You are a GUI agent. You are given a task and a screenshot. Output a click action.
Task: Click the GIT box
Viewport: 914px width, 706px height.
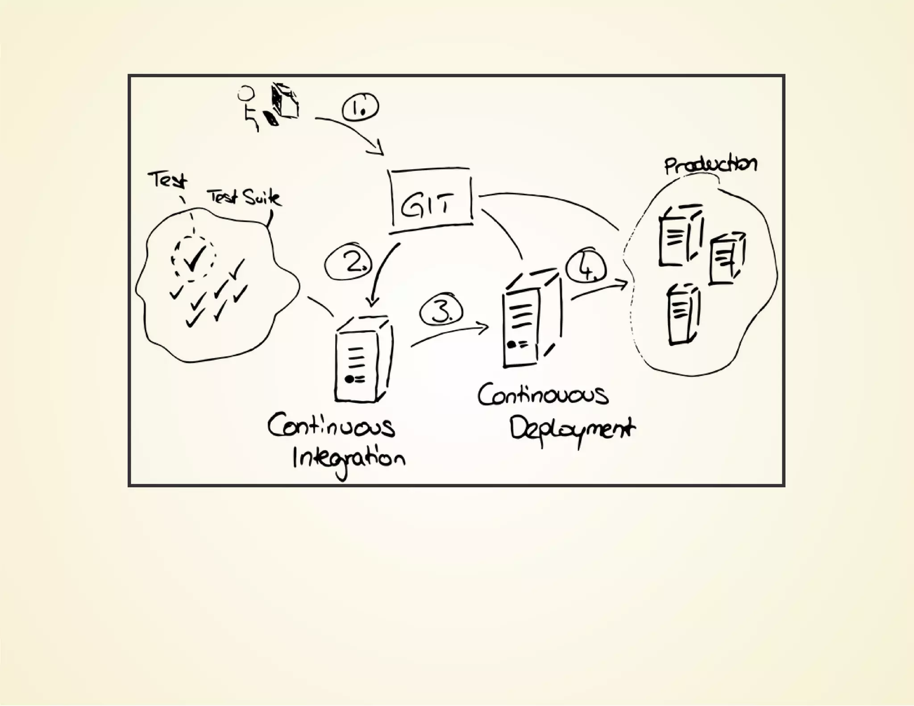point(431,201)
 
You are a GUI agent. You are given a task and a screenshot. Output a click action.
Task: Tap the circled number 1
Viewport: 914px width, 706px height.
point(360,108)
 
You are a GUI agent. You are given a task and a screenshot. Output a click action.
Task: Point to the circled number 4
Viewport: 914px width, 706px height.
point(586,268)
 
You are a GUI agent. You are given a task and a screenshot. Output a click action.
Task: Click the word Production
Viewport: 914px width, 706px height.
point(710,165)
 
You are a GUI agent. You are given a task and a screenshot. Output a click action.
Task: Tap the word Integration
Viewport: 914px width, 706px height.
point(349,459)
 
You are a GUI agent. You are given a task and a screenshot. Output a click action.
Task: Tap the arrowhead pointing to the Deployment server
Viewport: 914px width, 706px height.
point(484,328)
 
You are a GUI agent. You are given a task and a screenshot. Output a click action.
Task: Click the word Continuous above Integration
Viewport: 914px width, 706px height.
point(331,426)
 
